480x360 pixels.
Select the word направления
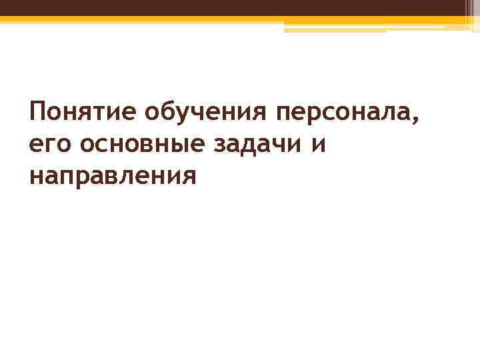113,177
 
